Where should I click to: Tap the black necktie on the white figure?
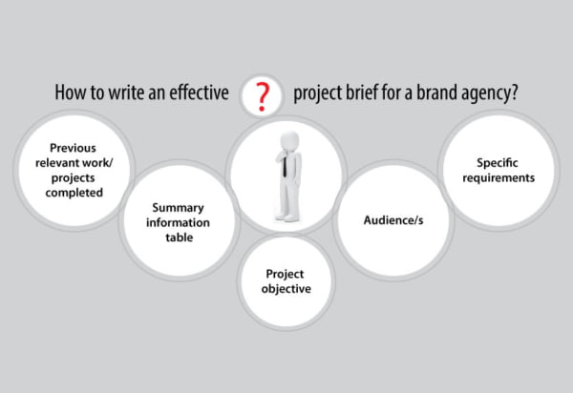[286, 169]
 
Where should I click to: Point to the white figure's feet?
[286, 217]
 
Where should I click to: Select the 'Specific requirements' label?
[498, 170]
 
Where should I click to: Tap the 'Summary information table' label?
[179, 222]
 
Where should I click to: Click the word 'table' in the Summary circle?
[179, 238]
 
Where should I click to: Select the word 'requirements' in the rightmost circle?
[498, 177]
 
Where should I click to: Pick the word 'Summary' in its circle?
[179, 207]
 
